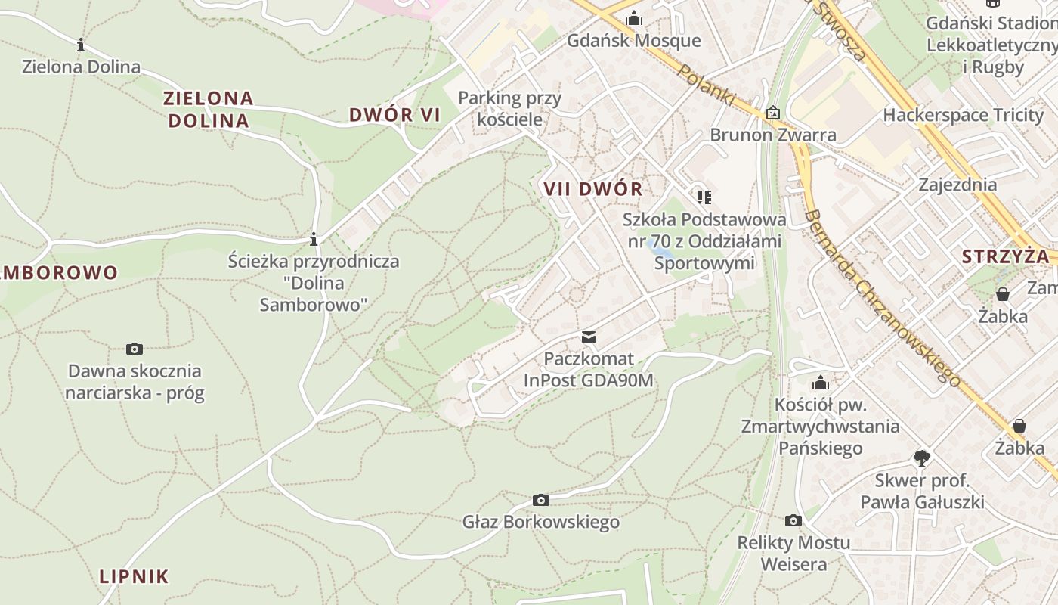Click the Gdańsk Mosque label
coord(634,40)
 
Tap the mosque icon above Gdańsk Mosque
coord(634,18)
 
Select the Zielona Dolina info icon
coord(81,45)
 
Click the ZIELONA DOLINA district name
coord(209,109)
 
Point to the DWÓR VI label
coord(394,115)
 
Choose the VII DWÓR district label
coord(592,189)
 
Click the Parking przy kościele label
coord(510,108)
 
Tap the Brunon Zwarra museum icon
coord(772,113)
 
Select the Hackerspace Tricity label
coord(963,116)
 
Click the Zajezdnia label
coord(957,185)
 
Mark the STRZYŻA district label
coord(1005,256)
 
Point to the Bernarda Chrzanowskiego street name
coord(880,297)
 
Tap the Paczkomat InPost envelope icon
coord(589,337)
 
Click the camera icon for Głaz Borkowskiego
coord(540,500)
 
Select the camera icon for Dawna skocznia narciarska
coord(135,349)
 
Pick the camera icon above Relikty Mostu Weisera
coord(793,520)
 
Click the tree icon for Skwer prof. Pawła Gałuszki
coord(921,458)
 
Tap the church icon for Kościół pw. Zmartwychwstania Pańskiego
coord(820,383)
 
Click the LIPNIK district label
coord(134,576)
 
